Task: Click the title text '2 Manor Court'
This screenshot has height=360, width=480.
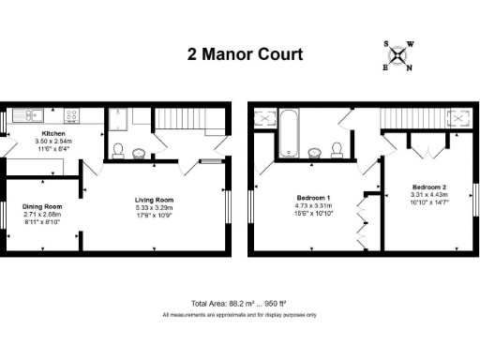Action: pos(244,54)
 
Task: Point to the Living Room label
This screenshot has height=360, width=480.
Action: pos(156,200)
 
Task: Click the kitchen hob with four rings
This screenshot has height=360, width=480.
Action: pos(71,116)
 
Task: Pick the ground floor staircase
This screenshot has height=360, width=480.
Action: pos(177,120)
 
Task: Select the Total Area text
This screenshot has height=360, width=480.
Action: pos(239,304)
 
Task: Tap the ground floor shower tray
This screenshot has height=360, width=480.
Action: pos(118,118)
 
